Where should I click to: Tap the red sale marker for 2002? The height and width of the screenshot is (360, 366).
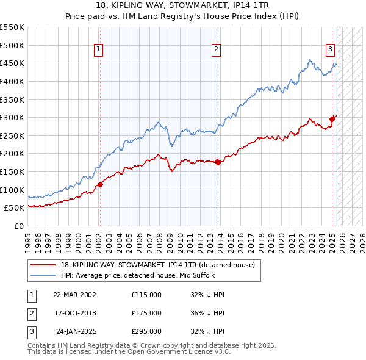(100, 184)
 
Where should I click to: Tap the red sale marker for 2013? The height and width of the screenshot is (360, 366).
(218, 162)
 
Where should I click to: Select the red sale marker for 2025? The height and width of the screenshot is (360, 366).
(332, 119)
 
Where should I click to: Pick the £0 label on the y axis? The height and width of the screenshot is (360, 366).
(18, 226)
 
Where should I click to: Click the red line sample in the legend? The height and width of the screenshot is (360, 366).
(43, 265)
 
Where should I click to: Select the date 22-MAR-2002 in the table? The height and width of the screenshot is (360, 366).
(74, 295)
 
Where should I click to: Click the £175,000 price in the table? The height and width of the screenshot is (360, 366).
(146, 313)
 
